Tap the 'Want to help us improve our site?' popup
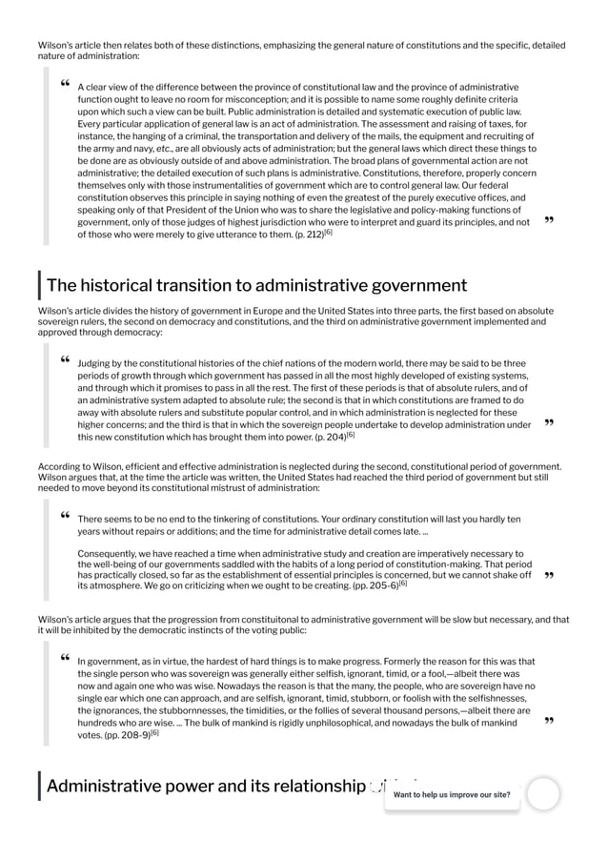(452, 794)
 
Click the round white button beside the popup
(543, 793)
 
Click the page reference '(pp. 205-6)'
(373, 585)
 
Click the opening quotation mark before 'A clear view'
(64, 85)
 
